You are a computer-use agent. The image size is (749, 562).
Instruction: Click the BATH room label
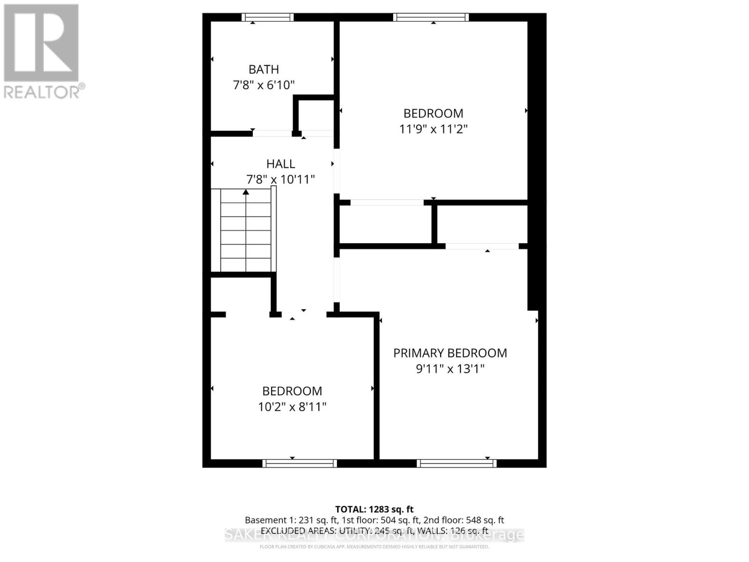coord(264,69)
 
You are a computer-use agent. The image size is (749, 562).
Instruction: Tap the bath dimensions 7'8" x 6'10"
coord(264,85)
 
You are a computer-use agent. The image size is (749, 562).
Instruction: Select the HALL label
coord(280,164)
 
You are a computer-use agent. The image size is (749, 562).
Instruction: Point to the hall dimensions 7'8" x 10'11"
coord(280,179)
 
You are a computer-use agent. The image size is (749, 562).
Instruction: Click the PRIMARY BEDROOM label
coord(450,353)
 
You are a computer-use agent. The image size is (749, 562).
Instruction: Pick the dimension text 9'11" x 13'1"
coord(450,369)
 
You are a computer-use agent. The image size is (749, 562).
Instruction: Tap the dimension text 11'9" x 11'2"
coord(433,129)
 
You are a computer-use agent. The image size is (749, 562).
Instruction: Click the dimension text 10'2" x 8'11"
coord(292,407)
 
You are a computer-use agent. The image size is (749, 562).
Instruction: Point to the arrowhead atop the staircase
coord(246,192)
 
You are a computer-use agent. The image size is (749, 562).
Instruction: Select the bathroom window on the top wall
coord(268,17)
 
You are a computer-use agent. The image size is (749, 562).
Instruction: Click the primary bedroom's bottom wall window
coord(456,463)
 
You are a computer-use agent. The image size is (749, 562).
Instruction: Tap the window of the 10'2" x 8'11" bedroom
coord(300,463)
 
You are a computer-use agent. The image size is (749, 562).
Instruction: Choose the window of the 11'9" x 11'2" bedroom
coord(431,17)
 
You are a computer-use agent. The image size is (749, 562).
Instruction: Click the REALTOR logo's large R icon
coord(41,43)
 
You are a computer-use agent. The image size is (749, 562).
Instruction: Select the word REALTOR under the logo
coord(42,91)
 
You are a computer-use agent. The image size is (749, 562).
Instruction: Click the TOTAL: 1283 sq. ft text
coord(374,509)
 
